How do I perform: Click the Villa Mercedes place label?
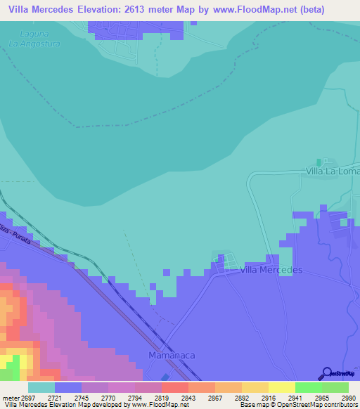point(271,270)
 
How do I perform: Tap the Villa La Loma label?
point(332,171)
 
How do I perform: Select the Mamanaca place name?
point(171,356)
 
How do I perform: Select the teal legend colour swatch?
point(41,387)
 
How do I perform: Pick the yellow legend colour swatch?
point(281,387)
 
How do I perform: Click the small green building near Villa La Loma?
point(319,162)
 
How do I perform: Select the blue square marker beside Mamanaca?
point(165,377)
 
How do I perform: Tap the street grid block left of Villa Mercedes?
point(226,264)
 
